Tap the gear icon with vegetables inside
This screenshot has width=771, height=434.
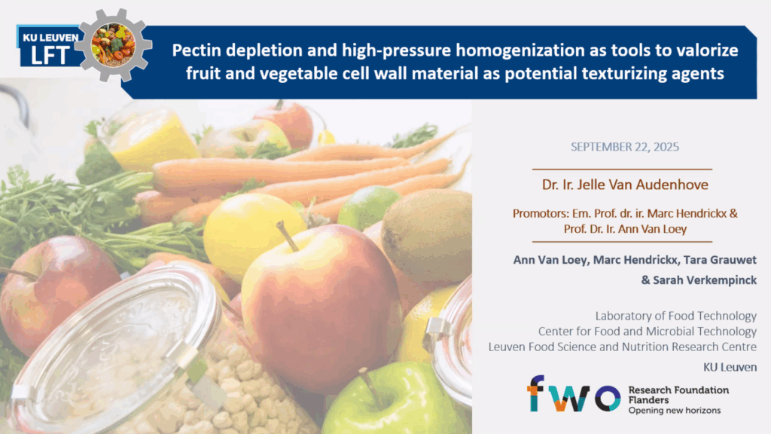point(114,44)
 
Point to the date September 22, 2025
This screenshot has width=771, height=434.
point(624,147)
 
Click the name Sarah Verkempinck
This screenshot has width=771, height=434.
point(705,280)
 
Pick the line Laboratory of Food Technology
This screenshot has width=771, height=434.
point(675,316)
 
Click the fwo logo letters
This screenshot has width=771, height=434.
point(574,393)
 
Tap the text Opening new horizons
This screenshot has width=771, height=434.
point(674,411)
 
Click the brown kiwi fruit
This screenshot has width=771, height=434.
point(427,229)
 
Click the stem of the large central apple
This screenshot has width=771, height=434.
point(287,236)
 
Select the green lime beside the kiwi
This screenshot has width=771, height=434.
point(367,207)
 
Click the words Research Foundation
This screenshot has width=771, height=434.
point(678,390)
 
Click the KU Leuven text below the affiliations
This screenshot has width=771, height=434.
point(730,367)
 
